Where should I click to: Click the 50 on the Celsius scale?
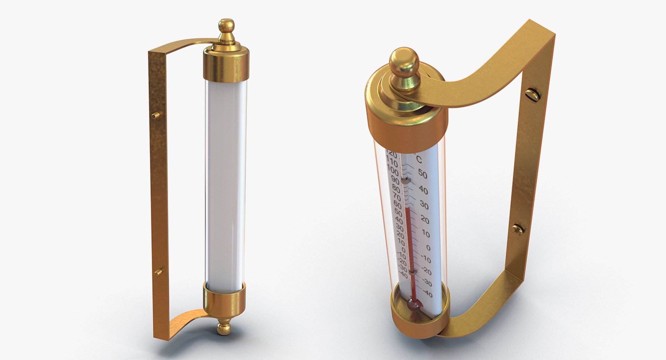422,174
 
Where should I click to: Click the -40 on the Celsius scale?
427,294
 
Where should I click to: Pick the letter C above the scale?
419,160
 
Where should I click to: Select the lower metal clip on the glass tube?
412,273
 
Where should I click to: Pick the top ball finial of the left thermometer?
227,26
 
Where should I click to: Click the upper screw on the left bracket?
156,115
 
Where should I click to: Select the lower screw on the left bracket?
158,272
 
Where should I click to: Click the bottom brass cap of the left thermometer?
224,301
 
